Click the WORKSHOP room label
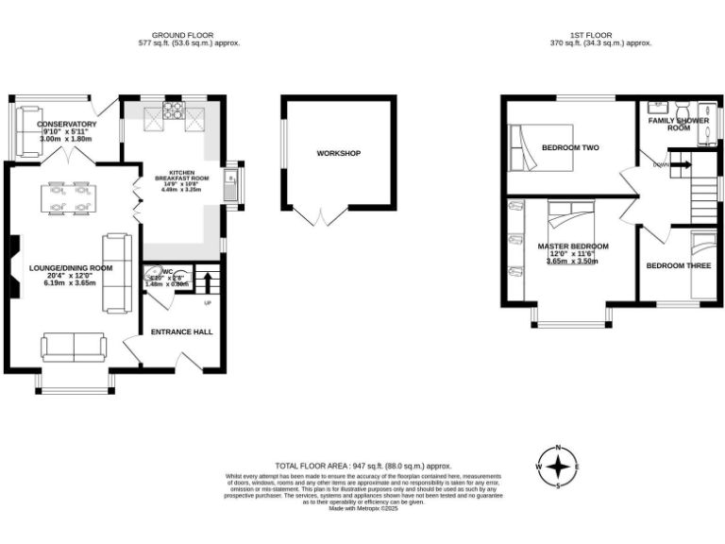pos(338,153)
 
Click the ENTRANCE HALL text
pos(182,332)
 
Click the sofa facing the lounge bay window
pos(73,347)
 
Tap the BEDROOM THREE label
pos(678,266)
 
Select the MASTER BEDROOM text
pos(573,246)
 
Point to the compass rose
pos(558,467)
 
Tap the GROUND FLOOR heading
pos(189,36)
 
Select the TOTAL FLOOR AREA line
pos(362,467)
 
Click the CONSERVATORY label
pos(66,125)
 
